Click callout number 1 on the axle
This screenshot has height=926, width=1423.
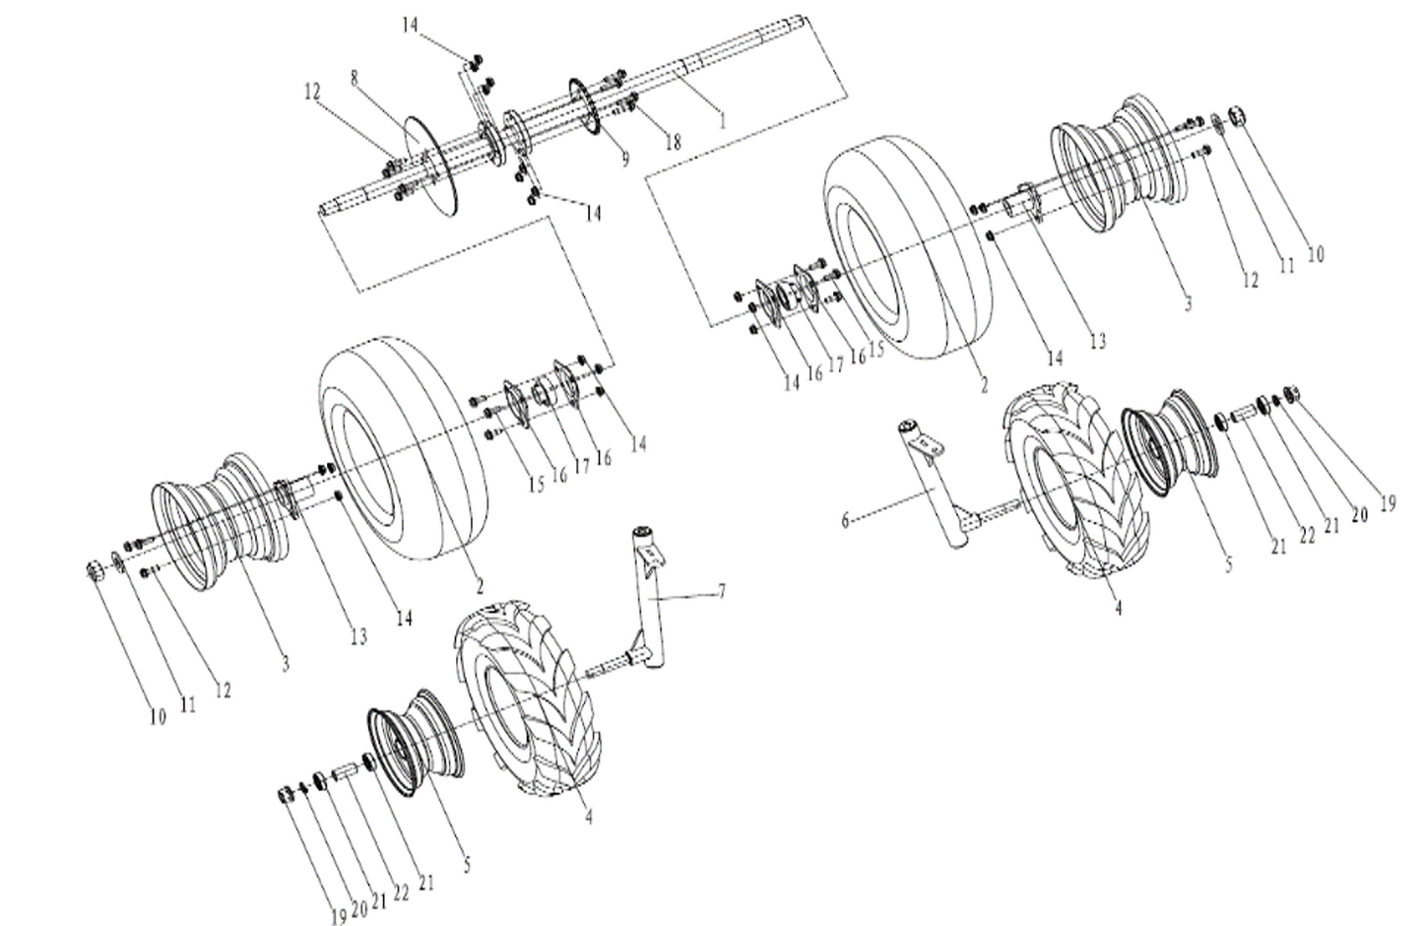coord(722,121)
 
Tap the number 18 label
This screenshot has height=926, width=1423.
coord(673,142)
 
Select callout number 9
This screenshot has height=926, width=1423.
coord(624,158)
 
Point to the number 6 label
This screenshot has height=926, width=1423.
coord(845,519)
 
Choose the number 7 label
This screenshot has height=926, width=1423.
coord(722,590)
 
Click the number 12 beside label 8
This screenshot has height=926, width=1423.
coord(312,92)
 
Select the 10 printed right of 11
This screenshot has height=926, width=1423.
coord(1315,254)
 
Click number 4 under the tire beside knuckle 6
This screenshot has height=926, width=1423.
coord(1118,608)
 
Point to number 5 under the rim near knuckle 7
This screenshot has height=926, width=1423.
coord(467,866)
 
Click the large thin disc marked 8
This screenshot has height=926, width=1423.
coord(433,163)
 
